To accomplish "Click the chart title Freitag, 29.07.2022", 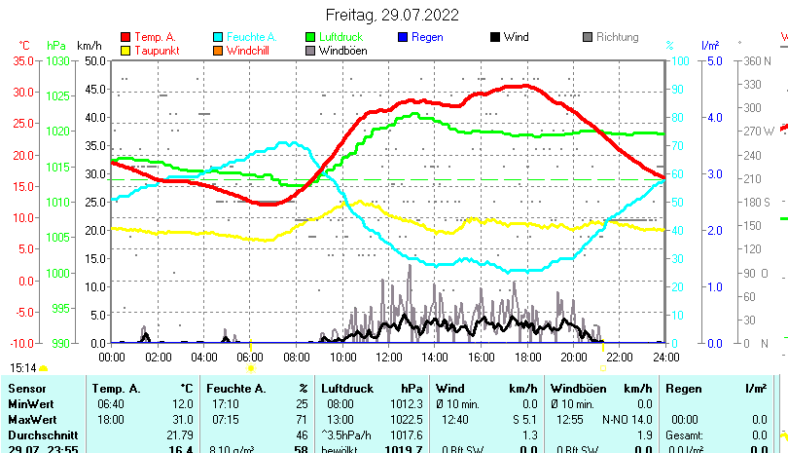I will (393, 16).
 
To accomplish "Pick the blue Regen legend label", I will (427, 37).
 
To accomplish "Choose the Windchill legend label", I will (250, 51).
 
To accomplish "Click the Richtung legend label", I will (617, 37).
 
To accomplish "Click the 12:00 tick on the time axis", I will (389, 356).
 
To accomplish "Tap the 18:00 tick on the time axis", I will (527, 356).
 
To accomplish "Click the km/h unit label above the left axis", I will (89, 46).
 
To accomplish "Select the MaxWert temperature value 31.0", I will (181, 419).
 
